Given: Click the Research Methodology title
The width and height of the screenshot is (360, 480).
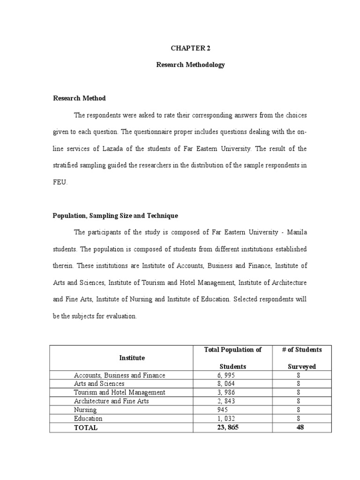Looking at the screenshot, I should pyautogui.click(x=190, y=65).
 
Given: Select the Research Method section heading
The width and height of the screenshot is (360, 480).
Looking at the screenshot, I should pyautogui.click(x=79, y=98).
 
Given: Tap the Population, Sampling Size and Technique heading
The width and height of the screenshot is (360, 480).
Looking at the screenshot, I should pyautogui.click(x=115, y=216).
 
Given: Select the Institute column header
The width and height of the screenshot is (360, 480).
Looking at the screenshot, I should pyautogui.click(x=132, y=358).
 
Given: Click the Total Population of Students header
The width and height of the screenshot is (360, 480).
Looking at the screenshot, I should pyautogui.click(x=233, y=358).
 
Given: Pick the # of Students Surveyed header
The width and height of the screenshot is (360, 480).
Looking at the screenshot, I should pyautogui.click(x=302, y=358).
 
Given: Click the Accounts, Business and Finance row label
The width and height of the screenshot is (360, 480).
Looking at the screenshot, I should pyautogui.click(x=120, y=375).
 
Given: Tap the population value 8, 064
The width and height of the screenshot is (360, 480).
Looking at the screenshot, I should pyautogui.click(x=223, y=384).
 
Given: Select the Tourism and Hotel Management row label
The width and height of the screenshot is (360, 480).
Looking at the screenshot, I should pyautogui.click(x=120, y=392).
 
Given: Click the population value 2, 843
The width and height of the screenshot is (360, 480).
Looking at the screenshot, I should pyautogui.click(x=223, y=401).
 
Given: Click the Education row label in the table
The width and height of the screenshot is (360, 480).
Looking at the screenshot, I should pyautogui.click(x=88, y=419).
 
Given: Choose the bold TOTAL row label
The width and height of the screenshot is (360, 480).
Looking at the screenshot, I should pyautogui.click(x=86, y=427).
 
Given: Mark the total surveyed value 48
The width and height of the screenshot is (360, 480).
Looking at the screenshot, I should pyautogui.click(x=300, y=427).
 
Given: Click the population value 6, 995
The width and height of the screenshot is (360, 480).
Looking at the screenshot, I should pyautogui.click(x=223, y=375).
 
